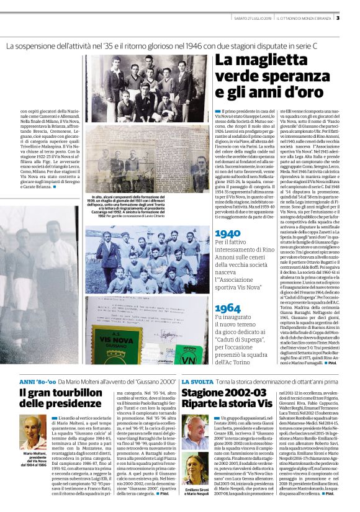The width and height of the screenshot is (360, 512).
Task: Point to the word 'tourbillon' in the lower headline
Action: click(x=73, y=393)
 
